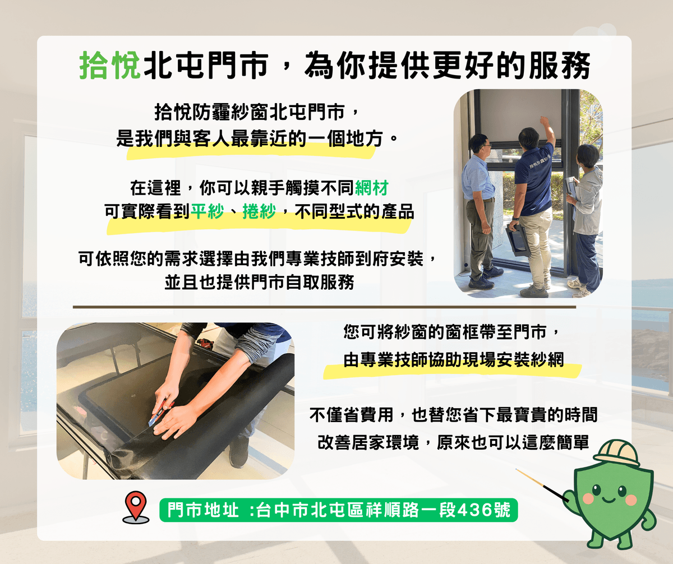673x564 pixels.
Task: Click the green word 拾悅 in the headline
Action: [x=110, y=66]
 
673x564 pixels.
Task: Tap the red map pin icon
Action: [x=136, y=505]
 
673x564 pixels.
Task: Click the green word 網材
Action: [x=372, y=188]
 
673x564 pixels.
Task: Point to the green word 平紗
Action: [x=208, y=212]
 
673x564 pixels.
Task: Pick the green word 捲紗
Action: [x=259, y=212]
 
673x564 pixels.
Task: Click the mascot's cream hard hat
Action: [x=616, y=453]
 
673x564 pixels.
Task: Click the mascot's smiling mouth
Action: [x=609, y=500]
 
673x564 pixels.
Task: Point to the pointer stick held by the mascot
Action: [x=542, y=485]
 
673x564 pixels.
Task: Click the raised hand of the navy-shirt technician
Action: [x=545, y=121]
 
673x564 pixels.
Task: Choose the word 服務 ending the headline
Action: [x=559, y=66]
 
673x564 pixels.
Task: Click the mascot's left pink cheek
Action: [x=588, y=498]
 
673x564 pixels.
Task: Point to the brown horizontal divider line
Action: [x=324, y=307]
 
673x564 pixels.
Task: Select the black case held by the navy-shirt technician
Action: [x=518, y=240]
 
